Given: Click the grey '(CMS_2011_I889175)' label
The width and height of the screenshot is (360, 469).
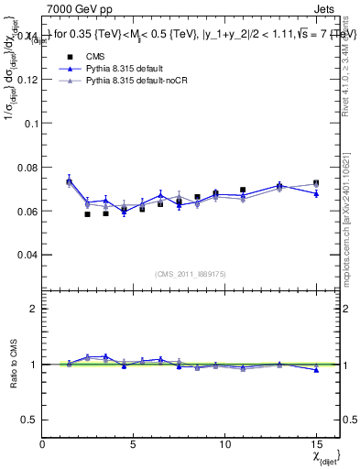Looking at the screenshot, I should click(x=191, y=273).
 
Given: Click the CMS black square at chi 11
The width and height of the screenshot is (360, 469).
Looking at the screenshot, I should click(x=243, y=190).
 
